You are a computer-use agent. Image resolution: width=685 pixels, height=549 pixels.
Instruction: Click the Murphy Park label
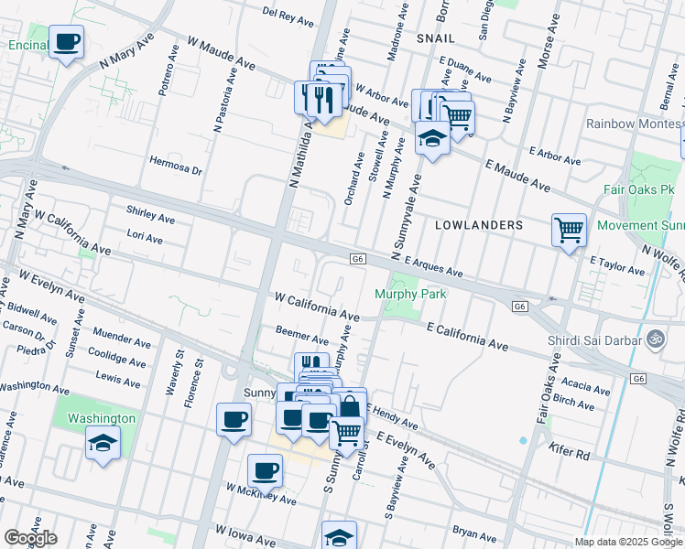(410, 294)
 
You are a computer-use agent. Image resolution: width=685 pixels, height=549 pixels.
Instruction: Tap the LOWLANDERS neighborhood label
(479, 224)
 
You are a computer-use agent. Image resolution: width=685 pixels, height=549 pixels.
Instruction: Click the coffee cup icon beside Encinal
(66, 42)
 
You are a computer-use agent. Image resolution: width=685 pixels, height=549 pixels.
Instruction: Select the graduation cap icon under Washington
(103, 444)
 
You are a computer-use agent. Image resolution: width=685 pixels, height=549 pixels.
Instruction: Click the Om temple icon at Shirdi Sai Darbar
(655, 338)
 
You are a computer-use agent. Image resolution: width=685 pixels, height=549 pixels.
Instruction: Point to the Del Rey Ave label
(289, 13)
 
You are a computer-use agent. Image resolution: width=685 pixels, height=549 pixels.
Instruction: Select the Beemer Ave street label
(302, 335)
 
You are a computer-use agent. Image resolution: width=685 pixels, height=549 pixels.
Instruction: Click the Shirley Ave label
(150, 213)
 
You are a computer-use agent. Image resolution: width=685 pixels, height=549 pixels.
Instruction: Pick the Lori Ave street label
(145, 236)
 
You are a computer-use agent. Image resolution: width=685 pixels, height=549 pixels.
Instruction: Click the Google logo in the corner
(30, 538)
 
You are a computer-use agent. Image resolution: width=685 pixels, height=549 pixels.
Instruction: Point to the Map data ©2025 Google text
(628, 542)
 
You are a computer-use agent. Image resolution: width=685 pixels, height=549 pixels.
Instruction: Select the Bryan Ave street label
(473, 530)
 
